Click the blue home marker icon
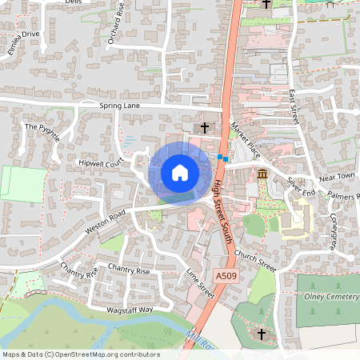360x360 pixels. coord(179,172)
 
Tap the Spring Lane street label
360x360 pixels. coord(120,106)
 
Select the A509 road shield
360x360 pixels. coord(226,275)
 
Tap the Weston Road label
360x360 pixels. coord(107,221)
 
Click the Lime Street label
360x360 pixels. coord(202,285)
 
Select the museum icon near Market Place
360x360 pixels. coord(262,175)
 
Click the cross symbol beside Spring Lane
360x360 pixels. coord(205,127)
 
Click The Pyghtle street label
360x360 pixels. coord(42,131)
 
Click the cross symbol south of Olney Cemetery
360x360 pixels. coord(261,333)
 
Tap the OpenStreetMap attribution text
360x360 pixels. coord(81,354)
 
